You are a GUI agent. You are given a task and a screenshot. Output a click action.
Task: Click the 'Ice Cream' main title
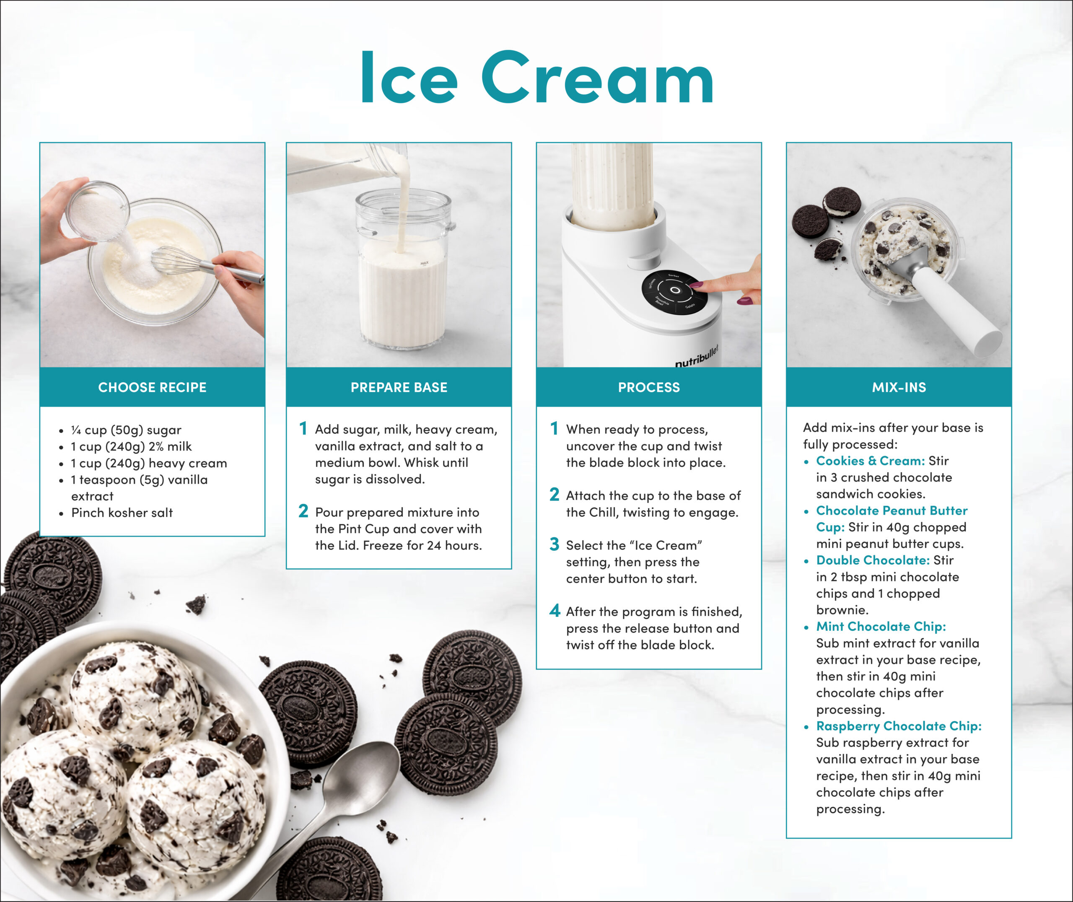point(537,77)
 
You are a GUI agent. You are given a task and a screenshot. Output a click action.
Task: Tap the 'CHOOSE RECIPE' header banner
point(152,387)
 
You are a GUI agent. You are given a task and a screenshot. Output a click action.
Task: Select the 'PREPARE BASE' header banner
point(399,387)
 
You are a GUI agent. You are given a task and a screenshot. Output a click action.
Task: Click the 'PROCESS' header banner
point(649,387)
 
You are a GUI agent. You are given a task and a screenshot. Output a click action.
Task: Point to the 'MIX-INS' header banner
point(899,387)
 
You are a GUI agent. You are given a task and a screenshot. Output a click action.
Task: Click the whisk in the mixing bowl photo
point(205,263)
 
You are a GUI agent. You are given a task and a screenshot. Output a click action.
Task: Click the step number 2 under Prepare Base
point(303,511)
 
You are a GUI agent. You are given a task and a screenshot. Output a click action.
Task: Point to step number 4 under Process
point(555,611)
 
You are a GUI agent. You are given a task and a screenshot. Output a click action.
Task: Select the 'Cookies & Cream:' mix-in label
point(870,461)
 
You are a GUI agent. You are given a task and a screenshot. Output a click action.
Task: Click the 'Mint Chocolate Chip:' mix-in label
point(881,626)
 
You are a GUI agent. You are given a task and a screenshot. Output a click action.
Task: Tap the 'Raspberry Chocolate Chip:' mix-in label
point(899,726)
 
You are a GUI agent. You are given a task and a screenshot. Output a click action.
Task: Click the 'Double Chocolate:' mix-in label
point(873,560)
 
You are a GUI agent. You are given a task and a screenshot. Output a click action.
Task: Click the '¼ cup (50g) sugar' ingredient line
point(126,430)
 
